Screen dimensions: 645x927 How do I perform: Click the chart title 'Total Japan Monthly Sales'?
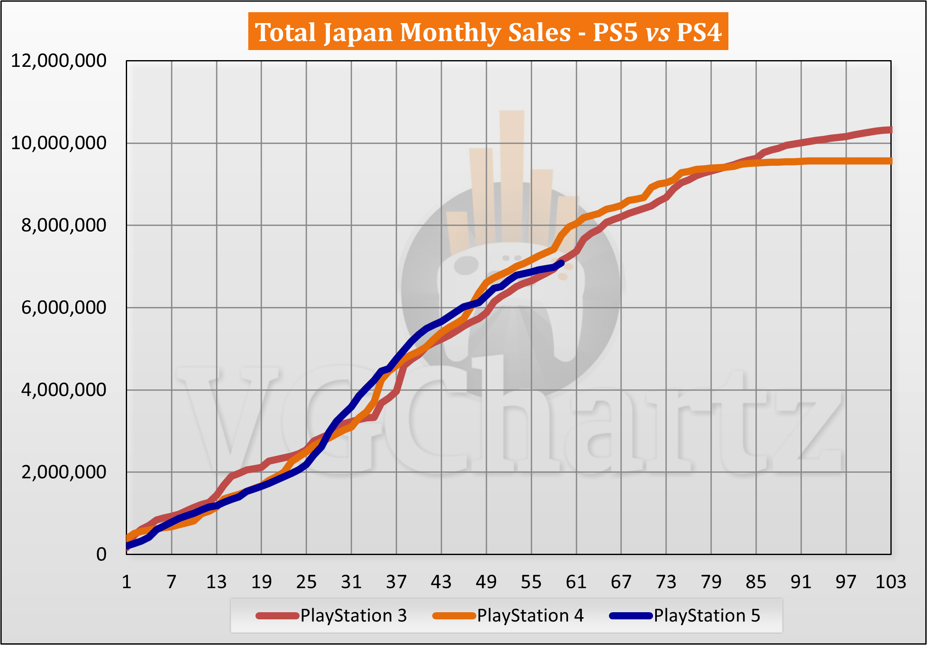[412, 32]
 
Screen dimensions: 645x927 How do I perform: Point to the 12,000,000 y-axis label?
[58, 61]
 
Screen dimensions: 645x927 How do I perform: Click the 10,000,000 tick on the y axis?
[58, 143]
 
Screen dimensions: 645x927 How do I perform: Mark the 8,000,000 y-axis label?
[64, 225]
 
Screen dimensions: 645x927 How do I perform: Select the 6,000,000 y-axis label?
[64, 308]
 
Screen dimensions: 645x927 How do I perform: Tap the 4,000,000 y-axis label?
[64, 390]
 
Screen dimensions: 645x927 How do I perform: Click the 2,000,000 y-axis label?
[64, 472]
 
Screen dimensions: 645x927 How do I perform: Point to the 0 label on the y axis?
[101, 554]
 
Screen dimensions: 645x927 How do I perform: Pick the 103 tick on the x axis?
[890, 582]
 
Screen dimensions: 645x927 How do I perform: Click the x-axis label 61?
[576, 582]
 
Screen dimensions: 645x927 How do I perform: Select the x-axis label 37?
[396, 582]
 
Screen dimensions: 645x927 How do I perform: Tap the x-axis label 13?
[216, 582]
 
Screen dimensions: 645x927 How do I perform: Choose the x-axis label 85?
[756, 582]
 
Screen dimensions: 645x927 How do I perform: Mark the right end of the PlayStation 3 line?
[890, 130]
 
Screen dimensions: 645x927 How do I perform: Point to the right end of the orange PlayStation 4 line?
[890, 161]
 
